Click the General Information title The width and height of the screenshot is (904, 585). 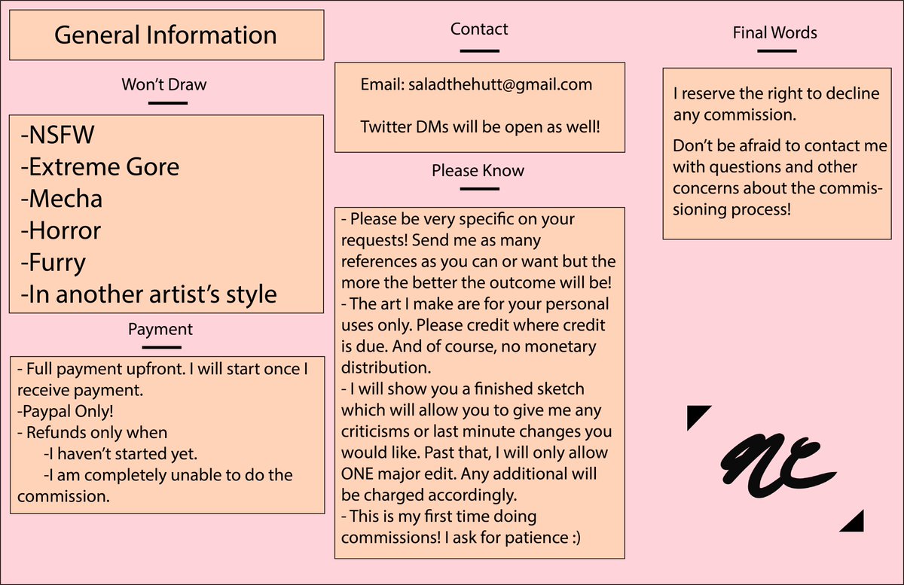pos(166,35)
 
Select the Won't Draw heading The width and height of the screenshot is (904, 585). pos(164,84)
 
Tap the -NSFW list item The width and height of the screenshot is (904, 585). pos(57,134)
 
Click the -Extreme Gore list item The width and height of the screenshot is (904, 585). pos(99,166)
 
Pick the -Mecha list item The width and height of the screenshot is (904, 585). pos(61,199)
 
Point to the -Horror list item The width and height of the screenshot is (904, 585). pos(60,230)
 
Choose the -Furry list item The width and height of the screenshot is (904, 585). pos(53,263)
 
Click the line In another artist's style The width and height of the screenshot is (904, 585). pos(148,294)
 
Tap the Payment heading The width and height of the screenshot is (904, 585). pos(160,329)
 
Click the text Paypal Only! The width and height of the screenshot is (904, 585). pos(65,412)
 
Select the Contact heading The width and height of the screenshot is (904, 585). pos(479,29)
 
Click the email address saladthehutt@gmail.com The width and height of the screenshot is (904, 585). pos(500,85)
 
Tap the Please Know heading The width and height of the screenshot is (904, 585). pos(478,171)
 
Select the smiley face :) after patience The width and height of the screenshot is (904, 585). pos(575,538)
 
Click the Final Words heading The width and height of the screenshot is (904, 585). pos(775,32)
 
